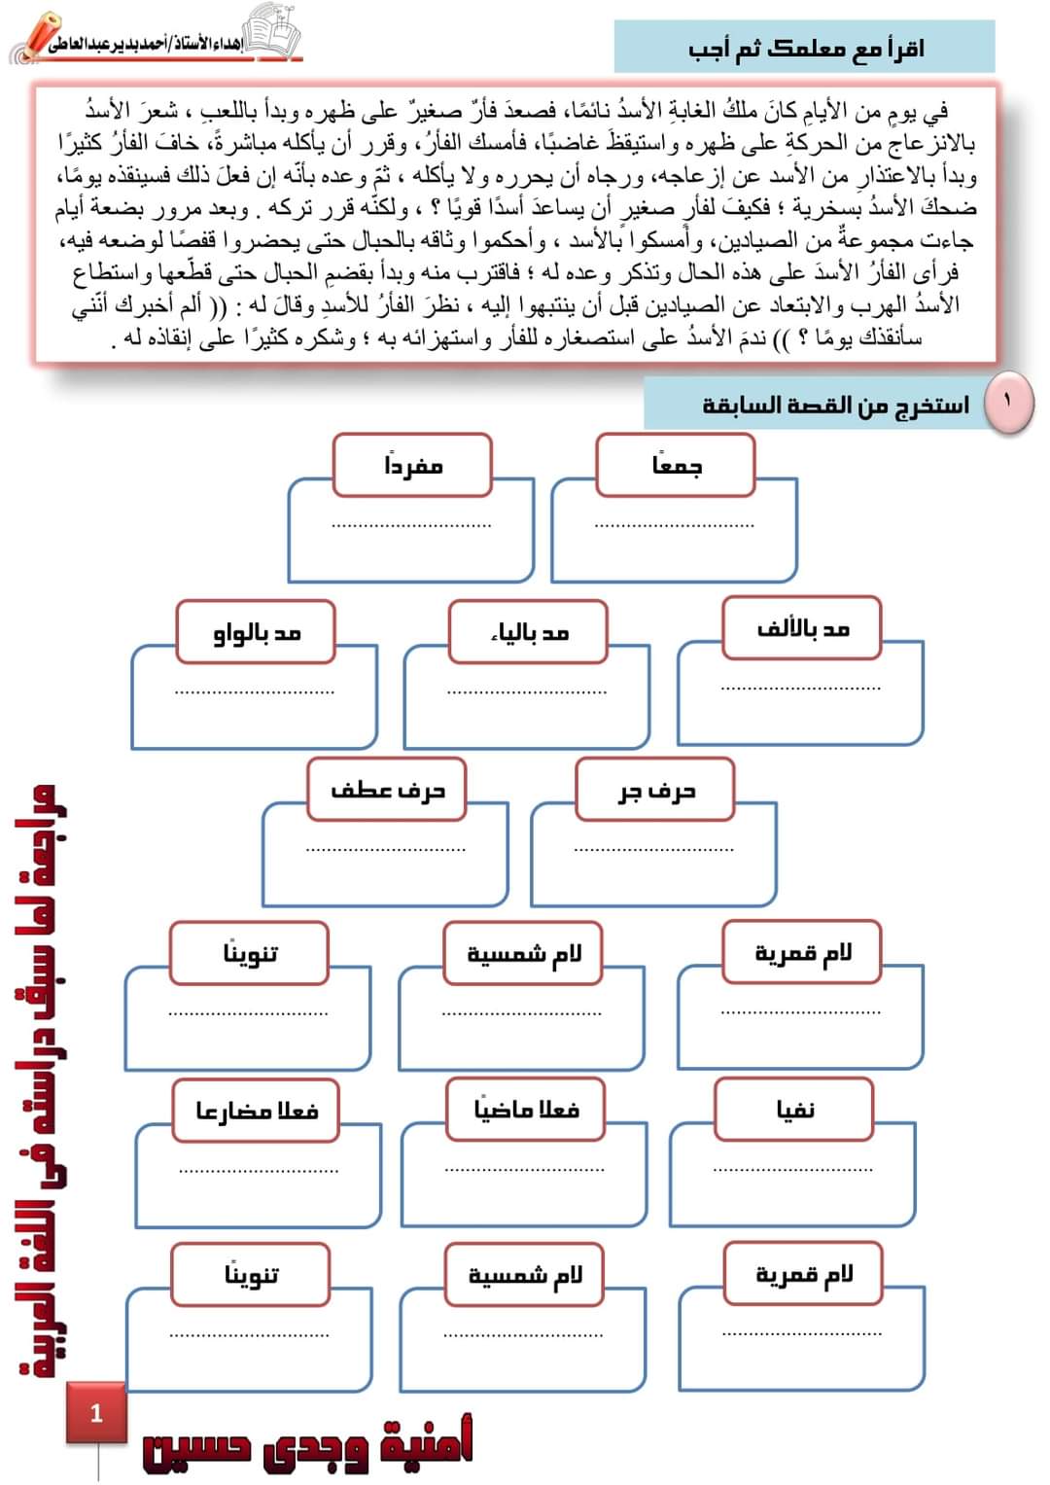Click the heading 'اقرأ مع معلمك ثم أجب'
[805, 48]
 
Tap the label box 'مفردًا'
[412, 466]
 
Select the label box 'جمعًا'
[676, 466]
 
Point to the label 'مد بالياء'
[528, 632]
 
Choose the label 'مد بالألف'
[802, 629]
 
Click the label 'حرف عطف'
[387, 791]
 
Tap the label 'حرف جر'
[655, 791]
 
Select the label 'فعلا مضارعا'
[256, 1110]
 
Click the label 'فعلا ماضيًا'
[526, 1109]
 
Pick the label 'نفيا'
[794, 1109]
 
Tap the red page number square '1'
[96, 1413]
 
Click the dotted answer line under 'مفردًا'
[411, 526]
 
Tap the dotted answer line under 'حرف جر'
[653, 850]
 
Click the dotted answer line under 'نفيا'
[792, 1168]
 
